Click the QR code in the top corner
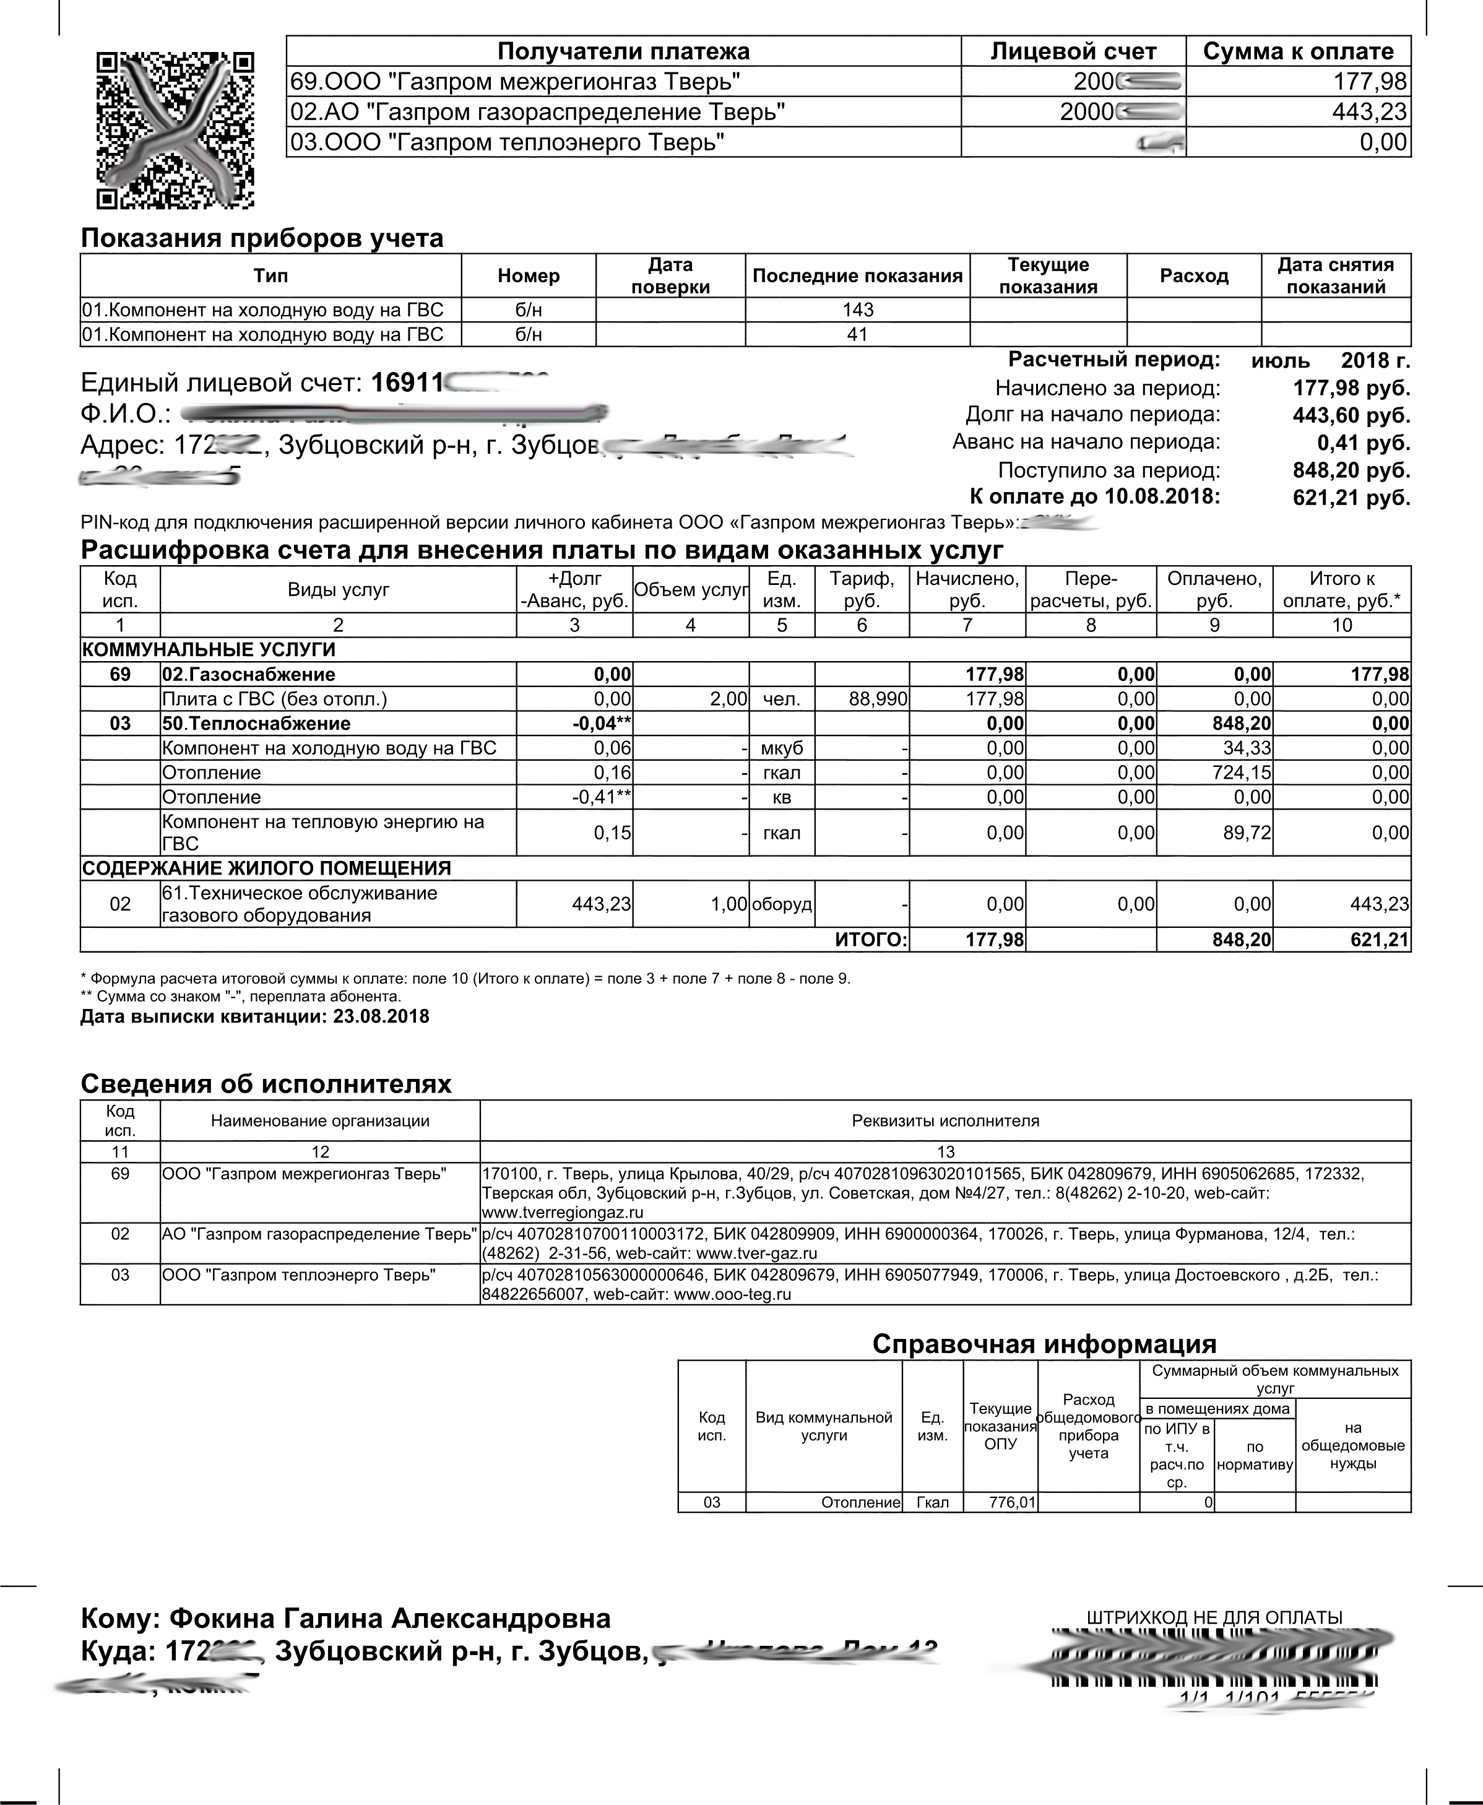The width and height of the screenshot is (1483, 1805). click(175, 131)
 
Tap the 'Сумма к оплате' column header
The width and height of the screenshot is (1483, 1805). click(1297, 51)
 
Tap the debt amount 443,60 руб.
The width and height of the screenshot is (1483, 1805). click(1351, 416)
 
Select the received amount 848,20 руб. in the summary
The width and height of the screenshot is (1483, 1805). click(1351, 470)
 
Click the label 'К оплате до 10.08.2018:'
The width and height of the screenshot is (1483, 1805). click(1094, 496)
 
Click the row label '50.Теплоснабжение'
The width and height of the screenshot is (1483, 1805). click(256, 724)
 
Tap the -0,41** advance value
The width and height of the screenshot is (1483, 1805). click(600, 797)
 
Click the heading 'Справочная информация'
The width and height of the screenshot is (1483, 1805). click(1044, 1344)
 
